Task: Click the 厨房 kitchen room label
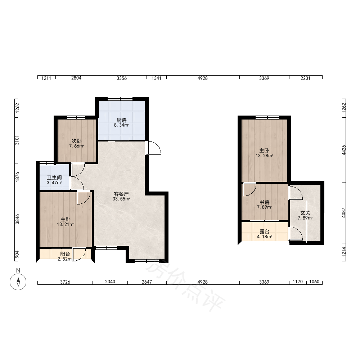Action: pos(121,120)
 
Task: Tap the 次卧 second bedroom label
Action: pos(76,141)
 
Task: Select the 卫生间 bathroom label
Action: pos(54,178)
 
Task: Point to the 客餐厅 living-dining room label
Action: pos(121,194)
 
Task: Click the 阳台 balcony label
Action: pos(65,254)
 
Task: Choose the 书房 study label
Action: pos(264,202)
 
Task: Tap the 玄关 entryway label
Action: pos(305,213)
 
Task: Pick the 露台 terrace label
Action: pos(264,231)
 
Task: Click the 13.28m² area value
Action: pos(264,156)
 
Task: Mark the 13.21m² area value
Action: pos(66,225)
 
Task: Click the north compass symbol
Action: pos(18,282)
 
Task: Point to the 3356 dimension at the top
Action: pos(122,78)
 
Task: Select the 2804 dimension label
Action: pos(76,78)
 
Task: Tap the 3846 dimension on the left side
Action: pos(17,219)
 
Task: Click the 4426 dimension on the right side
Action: pos(344,150)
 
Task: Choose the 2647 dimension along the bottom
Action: pos(147,282)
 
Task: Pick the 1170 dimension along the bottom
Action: pos(298,282)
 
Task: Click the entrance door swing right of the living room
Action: pos(153,148)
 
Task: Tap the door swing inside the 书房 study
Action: pos(249,189)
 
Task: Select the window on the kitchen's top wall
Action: pos(120,99)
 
